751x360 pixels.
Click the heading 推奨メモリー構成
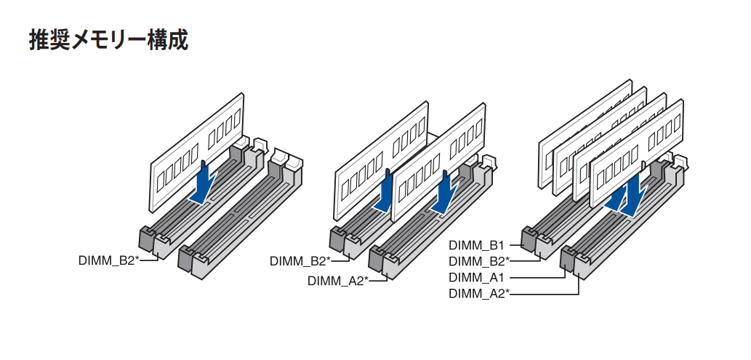coord(109,40)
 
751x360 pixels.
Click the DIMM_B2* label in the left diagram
coord(108,260)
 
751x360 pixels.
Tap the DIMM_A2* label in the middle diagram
coord(337,280)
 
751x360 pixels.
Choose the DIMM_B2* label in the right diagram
coord(479,261)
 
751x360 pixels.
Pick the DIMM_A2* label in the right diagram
coord(479,293)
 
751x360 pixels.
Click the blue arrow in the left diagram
coord(203,182)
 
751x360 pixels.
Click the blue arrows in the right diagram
coord(627,196)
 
